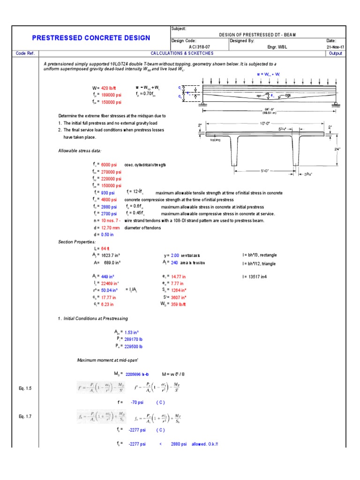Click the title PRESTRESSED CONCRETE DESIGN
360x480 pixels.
(x=91, y=38)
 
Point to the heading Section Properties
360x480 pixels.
(x=76, y=242)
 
